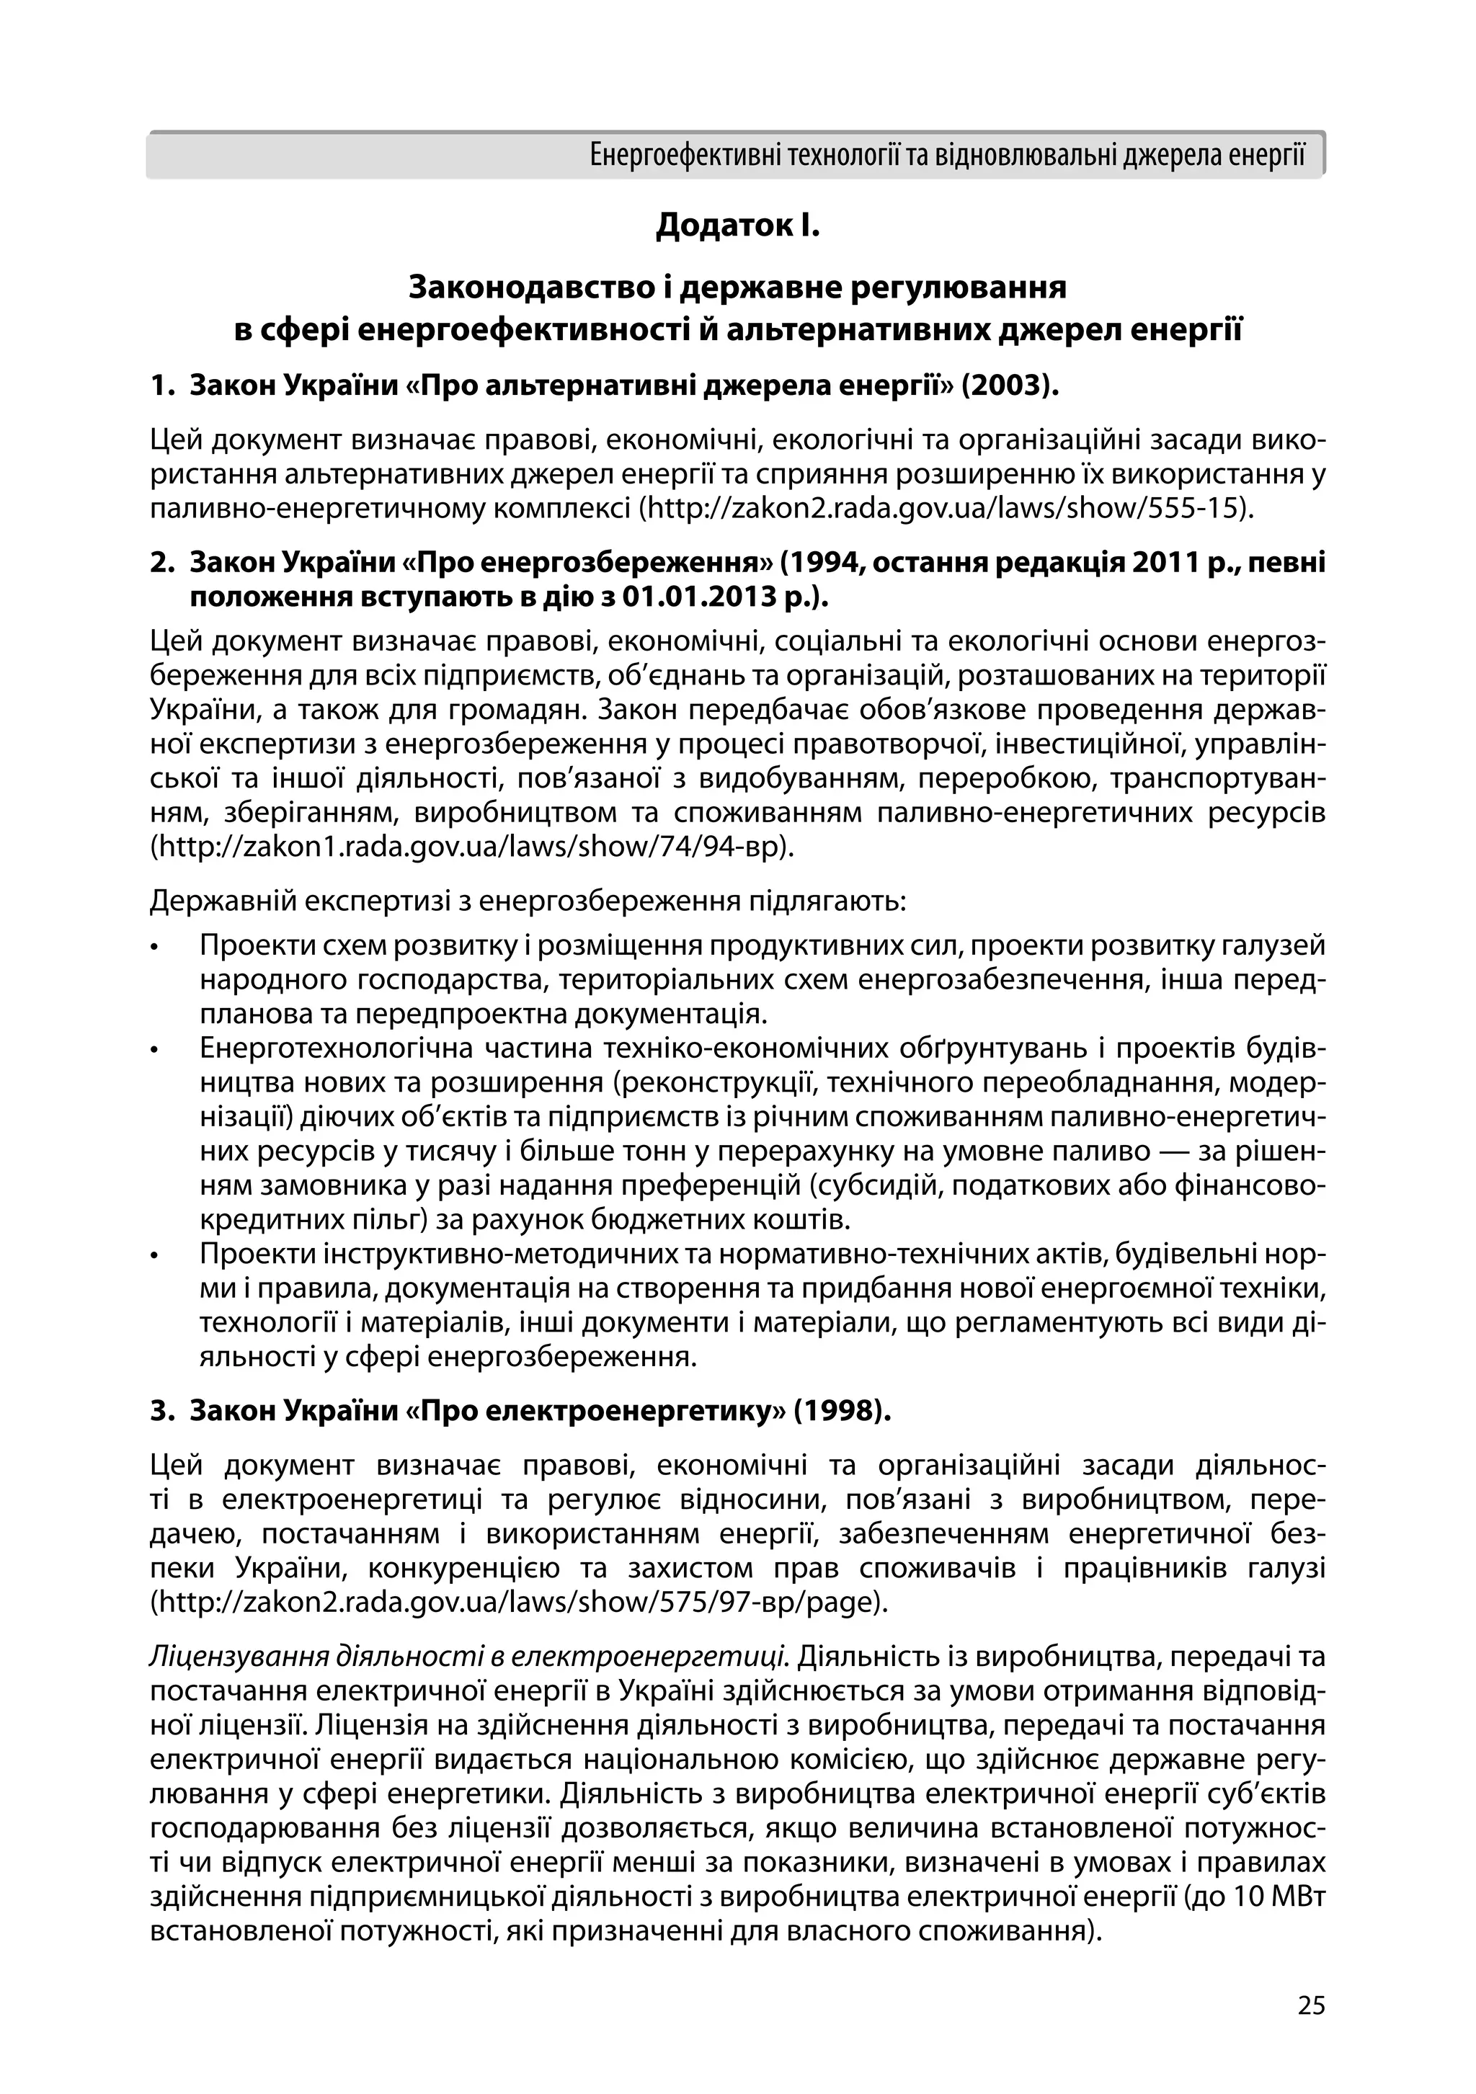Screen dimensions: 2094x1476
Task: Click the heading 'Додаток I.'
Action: click(737, 226)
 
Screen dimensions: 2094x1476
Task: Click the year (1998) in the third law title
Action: click(842, 1411)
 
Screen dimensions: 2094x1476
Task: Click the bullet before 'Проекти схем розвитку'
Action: click(156, 948)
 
